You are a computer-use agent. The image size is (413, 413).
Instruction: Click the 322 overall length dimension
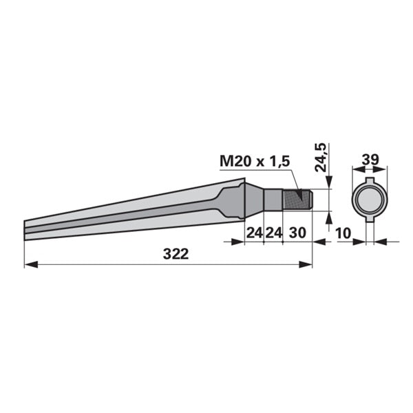[x=176, y=254]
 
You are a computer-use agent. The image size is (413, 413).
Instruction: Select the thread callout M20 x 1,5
[x=255, y=161]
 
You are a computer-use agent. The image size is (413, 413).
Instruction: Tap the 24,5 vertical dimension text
[x=321, y=158]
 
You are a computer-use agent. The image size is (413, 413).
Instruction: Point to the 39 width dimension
[x=370, y=160]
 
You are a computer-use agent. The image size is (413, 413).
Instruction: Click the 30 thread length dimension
[x=297, y=233]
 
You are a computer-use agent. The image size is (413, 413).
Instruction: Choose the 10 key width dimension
[x=343, y=233]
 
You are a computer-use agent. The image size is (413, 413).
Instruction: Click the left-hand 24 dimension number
[x=255, y=233]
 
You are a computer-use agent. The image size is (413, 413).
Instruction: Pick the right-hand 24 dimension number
[x=273, y=233]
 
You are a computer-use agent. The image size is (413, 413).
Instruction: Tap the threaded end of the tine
[x=297, y=200]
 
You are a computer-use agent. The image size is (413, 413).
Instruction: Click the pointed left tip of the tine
[x=25, y=231]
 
